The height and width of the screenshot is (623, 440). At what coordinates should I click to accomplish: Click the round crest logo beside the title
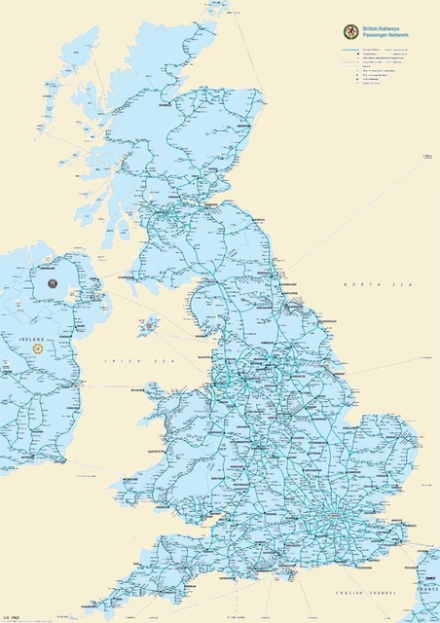point(348,31)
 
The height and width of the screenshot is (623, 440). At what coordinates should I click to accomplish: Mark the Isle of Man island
point(148,324)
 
